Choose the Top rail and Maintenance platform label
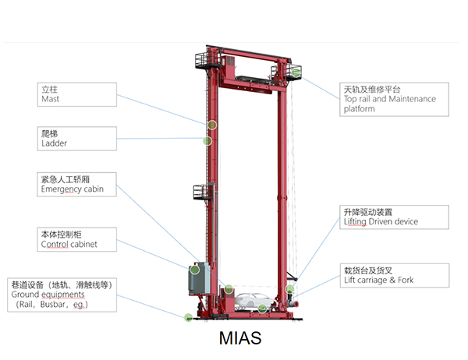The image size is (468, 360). pyautogui.click(x=395, y=99)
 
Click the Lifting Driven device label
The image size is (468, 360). pyautogui.click(x=395, y=217)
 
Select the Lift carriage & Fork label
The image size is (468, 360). pyautogui.click(x=395, y=274)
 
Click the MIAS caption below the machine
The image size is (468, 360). pyautogui.click(x=240, y=339)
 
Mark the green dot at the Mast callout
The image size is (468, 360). pyautogui.click(x=211, y=125)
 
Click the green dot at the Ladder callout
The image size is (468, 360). pyautogui.click(x=207, y=141)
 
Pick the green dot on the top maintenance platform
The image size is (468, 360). pyautogui.click(x=296, y=72)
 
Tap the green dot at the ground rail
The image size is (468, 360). pyautogui.click(x=188, y=317)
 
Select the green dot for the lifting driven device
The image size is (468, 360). pyautogui.click(x=290, y=290)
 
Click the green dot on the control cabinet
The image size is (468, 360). pyautogui.click(x=194, y=270)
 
